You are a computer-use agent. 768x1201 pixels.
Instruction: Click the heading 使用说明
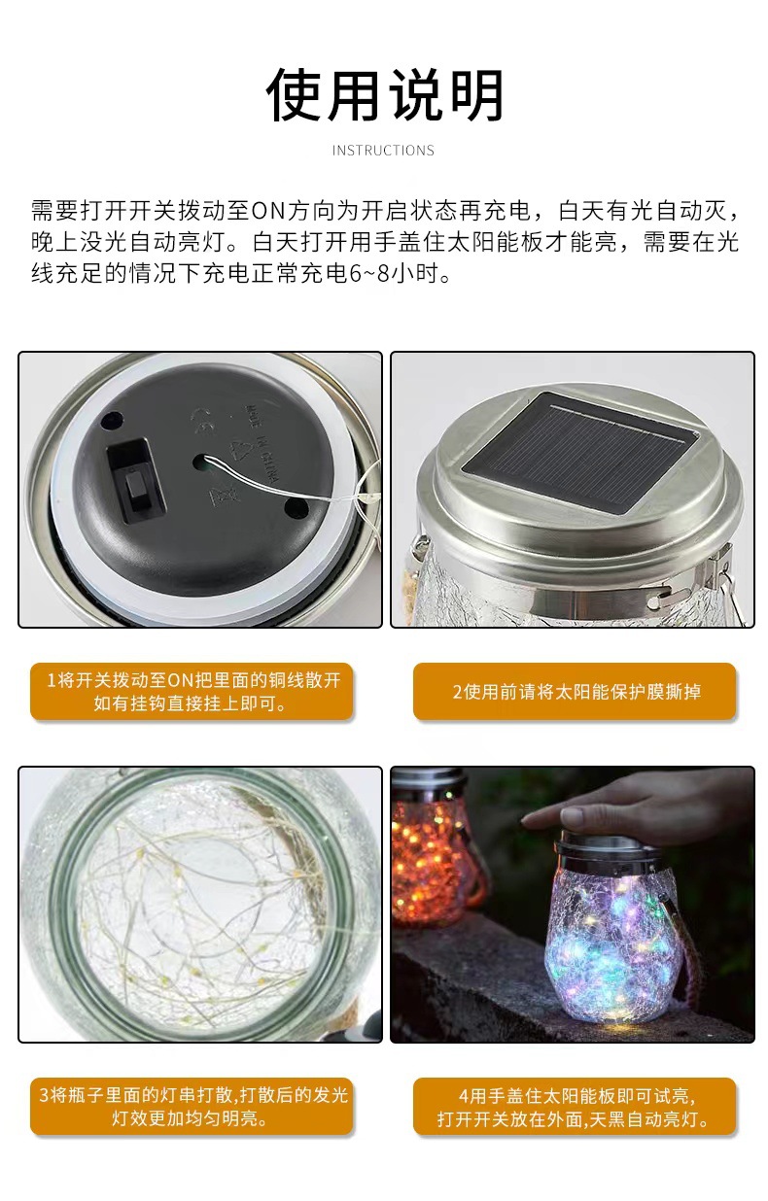385,95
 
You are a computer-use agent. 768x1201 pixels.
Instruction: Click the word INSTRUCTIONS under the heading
383,151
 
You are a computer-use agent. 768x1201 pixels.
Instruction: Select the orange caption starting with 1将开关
192,691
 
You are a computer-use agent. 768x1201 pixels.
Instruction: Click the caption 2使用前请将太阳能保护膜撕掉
575,691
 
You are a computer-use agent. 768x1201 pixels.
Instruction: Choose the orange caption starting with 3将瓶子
192,1106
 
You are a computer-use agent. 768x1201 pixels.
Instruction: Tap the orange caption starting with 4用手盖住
575,1106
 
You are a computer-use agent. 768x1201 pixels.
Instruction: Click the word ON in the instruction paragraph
265,211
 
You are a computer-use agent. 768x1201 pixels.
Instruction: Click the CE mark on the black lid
205,421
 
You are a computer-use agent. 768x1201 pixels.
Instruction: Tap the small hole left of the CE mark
111,421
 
